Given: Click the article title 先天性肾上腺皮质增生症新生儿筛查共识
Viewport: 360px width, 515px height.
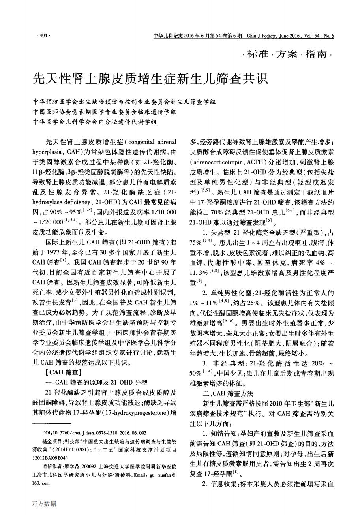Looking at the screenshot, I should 150,78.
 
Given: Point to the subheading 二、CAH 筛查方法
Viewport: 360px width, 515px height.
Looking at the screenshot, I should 227,394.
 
